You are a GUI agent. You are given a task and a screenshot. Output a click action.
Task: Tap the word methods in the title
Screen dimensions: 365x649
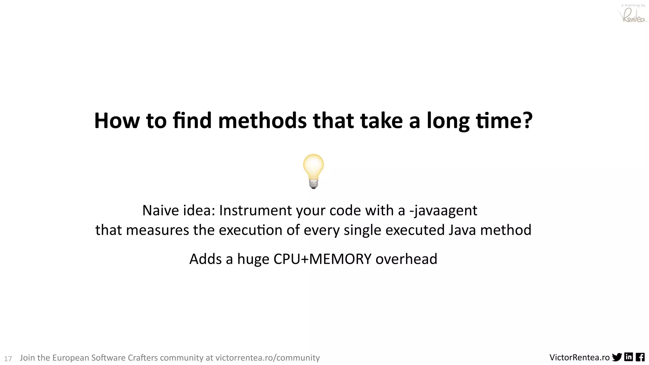[262, 121]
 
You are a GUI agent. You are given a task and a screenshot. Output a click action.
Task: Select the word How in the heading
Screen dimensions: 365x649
[117, 121]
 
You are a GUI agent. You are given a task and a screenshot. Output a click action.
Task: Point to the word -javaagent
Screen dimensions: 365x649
[443, 211]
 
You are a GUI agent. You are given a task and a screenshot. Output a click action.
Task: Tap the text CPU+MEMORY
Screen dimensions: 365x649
[322, 259]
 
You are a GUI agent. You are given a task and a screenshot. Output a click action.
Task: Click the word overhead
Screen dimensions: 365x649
[406, 259]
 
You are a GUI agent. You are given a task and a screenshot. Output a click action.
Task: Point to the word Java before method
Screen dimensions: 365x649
[462, 230]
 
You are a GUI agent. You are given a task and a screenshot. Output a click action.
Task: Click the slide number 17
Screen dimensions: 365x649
[8, 359]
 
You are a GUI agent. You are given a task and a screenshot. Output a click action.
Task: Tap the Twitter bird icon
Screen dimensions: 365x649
[617, 357]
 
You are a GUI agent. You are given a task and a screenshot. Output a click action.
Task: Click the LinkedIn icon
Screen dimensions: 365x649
[628, 357]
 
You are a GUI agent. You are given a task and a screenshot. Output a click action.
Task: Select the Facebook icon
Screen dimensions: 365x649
[640, 357]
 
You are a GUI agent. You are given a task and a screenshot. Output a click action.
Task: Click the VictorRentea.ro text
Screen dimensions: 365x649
[579, 358]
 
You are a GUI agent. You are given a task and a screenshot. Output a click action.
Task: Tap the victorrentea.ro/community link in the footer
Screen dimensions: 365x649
[267, 358]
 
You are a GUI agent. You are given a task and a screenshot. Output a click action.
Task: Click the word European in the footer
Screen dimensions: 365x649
[70, 358]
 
